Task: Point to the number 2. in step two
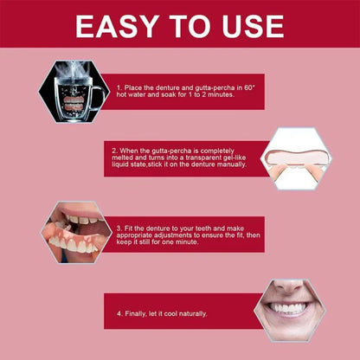[x=115, y=150]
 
